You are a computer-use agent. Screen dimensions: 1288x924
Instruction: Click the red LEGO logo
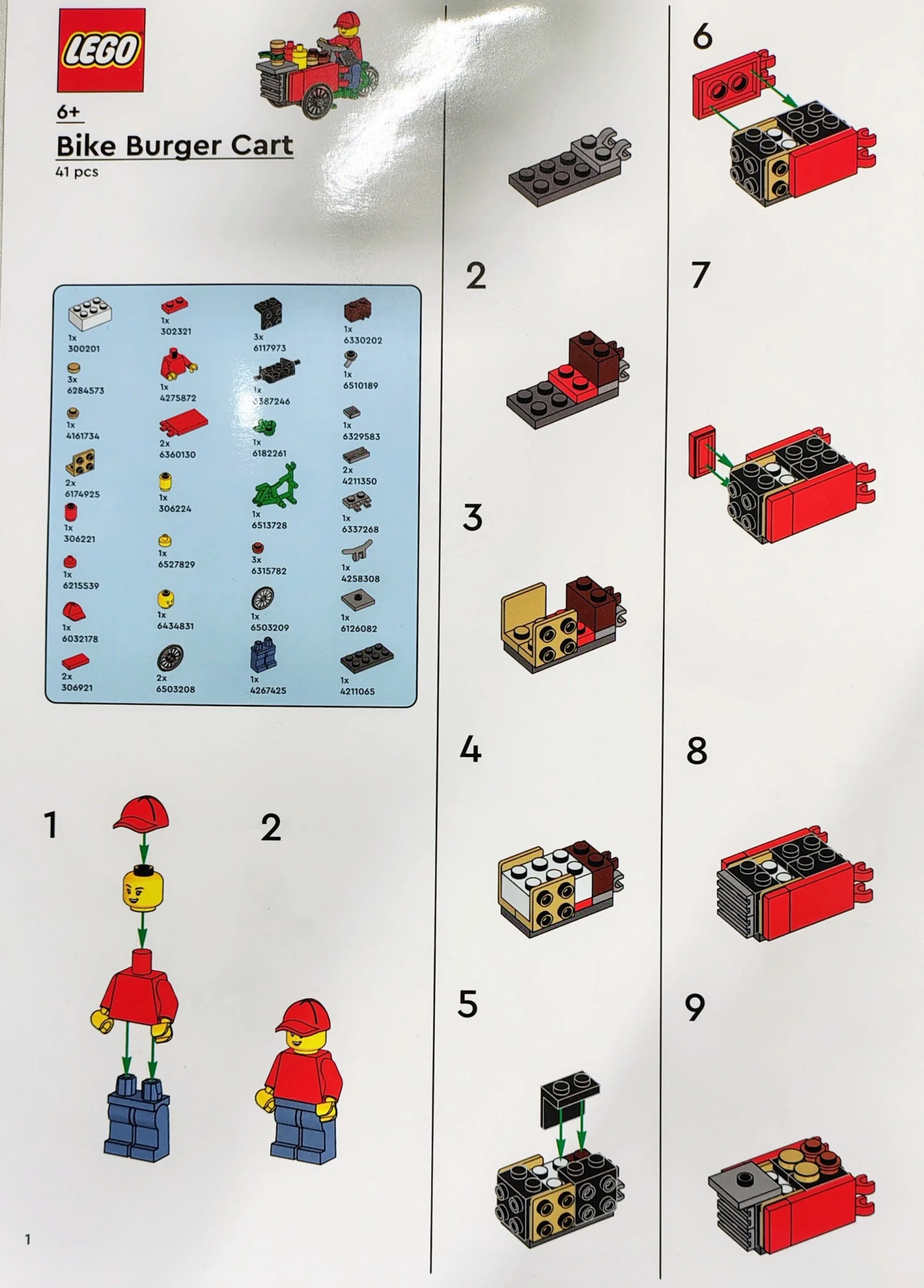pyautogui.click(x=100, y=50)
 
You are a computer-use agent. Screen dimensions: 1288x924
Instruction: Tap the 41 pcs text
pyautogui.click(x=77, y=172)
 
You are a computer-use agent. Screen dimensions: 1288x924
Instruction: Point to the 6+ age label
pyautogui.click(x=69, y=112)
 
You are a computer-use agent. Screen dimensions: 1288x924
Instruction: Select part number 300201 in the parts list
pyautogui.click(x=84, y=349)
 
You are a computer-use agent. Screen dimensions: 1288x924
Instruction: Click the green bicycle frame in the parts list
pyautogui.click(x=275, y=486)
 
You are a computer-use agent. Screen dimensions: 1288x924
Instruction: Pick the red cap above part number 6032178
pyautogui.click(x=74, y=612)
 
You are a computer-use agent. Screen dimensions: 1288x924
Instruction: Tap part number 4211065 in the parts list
pyautogui.click(x=357, y=691)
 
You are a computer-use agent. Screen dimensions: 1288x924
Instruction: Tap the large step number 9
pyautogui.click(x=694, y=1007)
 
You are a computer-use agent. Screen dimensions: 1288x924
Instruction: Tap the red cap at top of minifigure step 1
pyautogui.click(x=142, y=813)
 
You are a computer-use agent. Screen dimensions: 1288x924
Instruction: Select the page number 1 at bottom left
pyautogui.click(x=27, y=1239)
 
